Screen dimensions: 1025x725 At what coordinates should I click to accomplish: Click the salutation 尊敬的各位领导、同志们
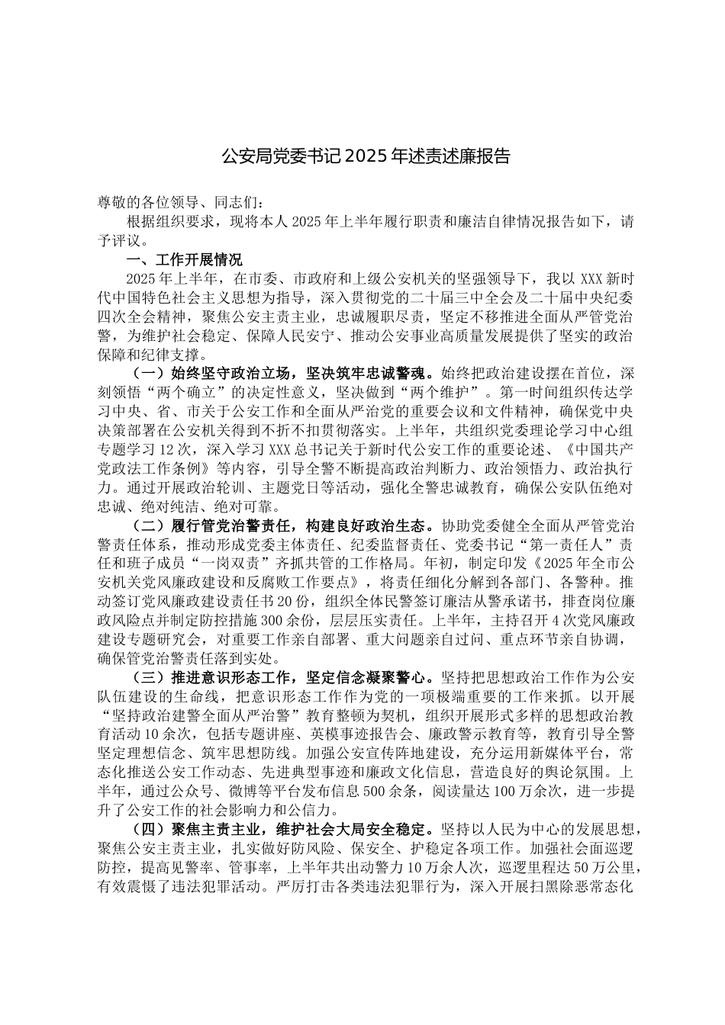[179, 203]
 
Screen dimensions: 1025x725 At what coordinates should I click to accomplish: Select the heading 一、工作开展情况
[184, 259]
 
